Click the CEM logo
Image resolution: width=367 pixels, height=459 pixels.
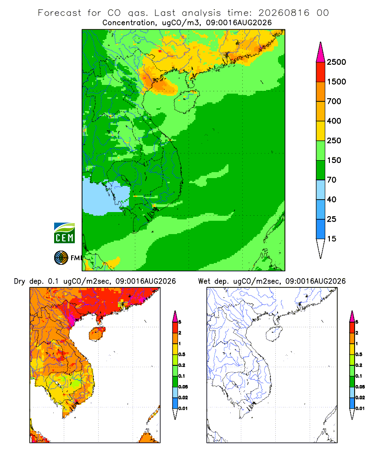pyautogui.click(x=64, y=233)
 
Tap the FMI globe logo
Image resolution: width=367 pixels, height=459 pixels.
pyautogui.click(x=61, y=258)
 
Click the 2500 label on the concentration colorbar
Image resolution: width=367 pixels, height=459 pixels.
pyautogui.click(x=336, y=62)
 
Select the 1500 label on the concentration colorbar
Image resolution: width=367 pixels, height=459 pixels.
pyautogui.click(x=336, y=82)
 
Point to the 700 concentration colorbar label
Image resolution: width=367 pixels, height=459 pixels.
pyautogui.click(x=334, y=101)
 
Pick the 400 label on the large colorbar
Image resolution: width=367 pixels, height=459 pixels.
pyautogui.click(x=334, y=121)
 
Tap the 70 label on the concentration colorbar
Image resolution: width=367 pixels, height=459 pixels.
pyautogui.click(x=332, y=180)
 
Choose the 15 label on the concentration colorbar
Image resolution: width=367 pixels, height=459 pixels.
pyautogui.click(x=332, y=239)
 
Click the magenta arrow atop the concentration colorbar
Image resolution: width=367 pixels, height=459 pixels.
pyautogui.click(x=321, y=53)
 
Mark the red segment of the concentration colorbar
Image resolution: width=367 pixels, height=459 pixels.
pyautogui.click(x=321, y=72)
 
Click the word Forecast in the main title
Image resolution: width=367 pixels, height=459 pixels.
pyautogui.click(x=60, y=13)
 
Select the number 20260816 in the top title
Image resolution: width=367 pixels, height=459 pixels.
pyautogui.click(x=284, y=13)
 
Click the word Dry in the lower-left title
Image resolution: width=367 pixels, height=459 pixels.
pyautogui.click(x=20, y=281)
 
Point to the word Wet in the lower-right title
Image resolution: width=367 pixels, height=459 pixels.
pyautogui.click(x=204, y=281)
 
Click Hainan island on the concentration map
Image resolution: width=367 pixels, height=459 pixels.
pyautogui.click(x=186, y=101)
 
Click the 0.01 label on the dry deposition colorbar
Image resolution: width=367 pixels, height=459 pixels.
pyautogui.click(x=183, y=409)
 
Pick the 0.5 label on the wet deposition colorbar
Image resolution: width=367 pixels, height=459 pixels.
pyautogui.click(x=359, y=354)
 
